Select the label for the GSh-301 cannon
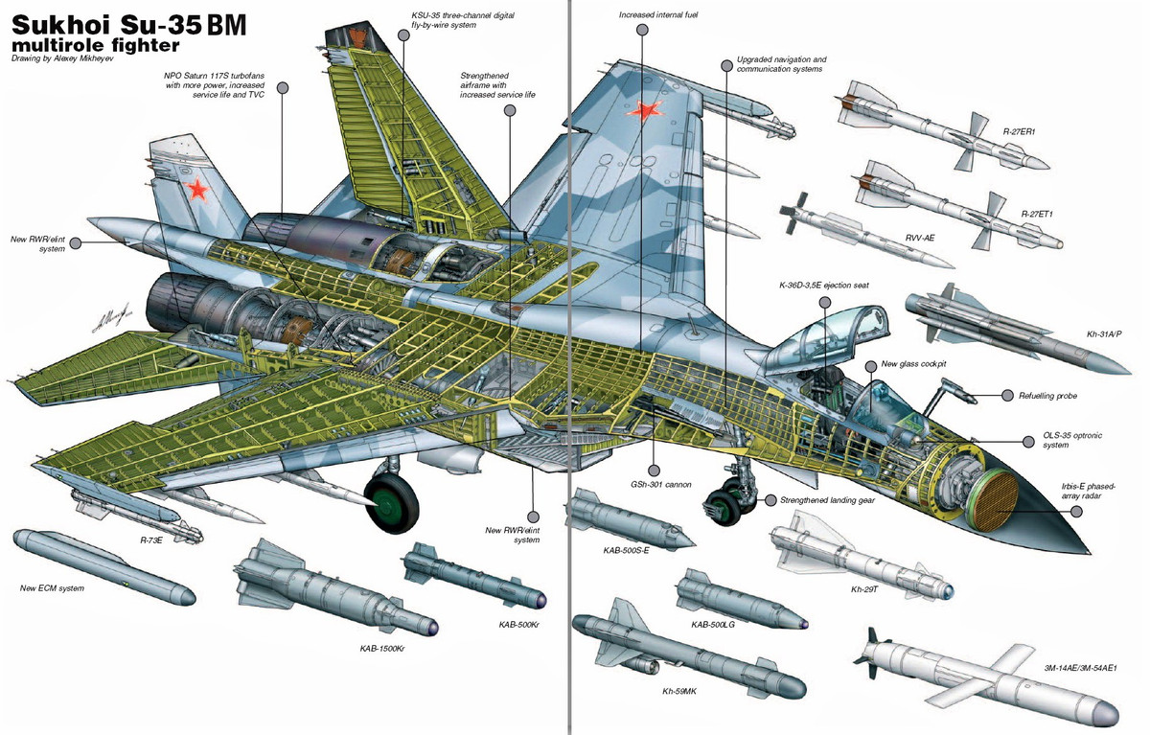coord(655,485)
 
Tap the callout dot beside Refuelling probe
coord(1007,395)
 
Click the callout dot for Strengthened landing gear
coord(769,499)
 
